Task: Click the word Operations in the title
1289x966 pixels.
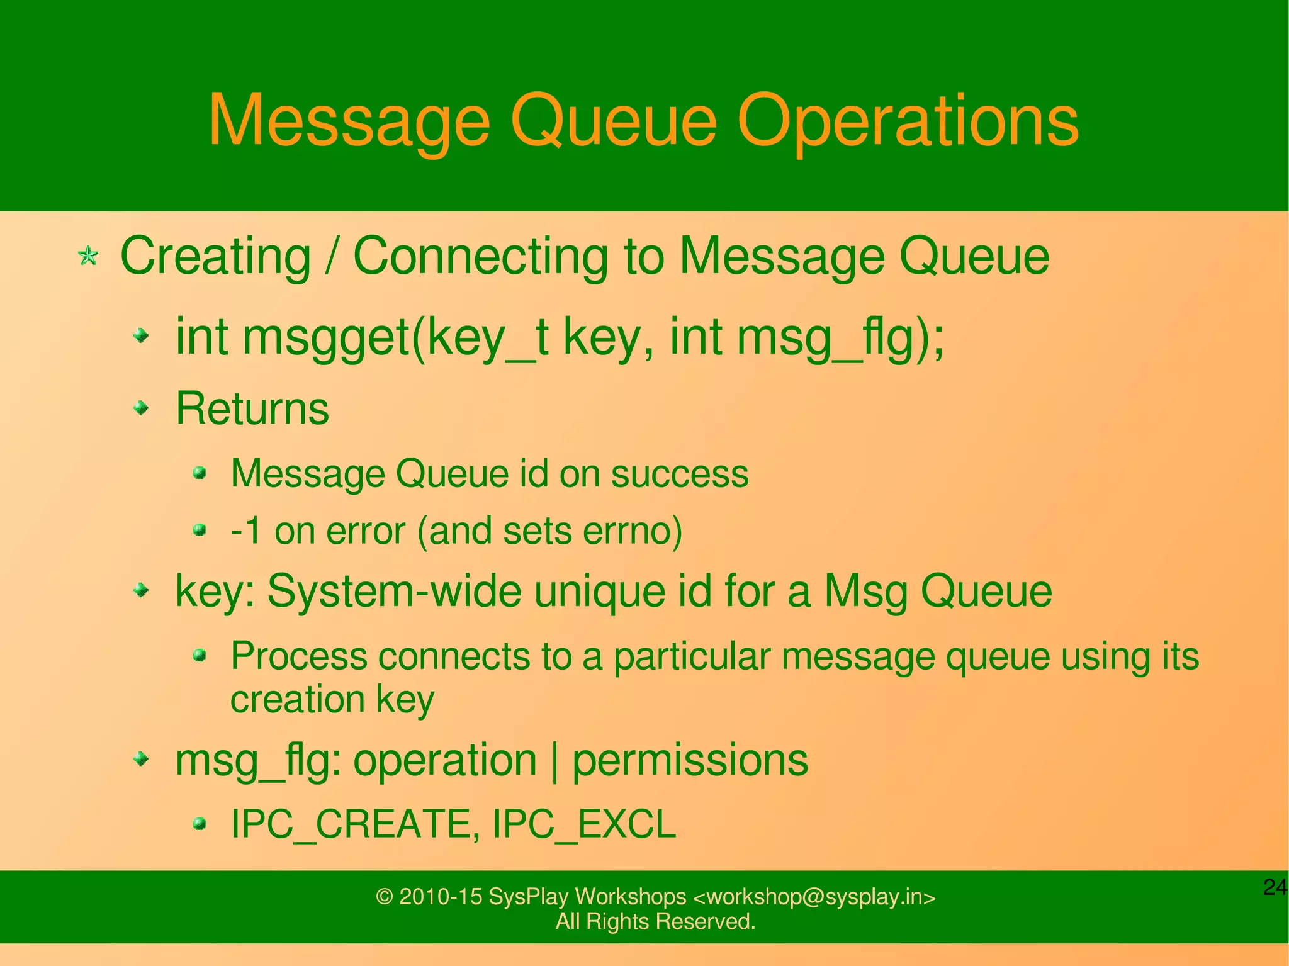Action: click(908, 121)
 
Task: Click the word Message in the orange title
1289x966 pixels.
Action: click(349, 121)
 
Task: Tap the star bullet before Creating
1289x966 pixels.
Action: click(88, 256)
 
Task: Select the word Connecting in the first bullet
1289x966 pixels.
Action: click(480, 257)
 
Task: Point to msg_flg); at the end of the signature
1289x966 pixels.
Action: click(840, 338)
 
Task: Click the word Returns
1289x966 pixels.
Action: click(252, 408)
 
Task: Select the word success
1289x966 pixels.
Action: click(680, 474)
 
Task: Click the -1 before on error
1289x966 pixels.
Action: click(246, 531)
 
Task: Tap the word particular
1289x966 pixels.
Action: click(692, 656)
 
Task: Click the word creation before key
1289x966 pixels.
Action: click(297, 699)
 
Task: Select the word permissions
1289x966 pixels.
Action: click(690, 760)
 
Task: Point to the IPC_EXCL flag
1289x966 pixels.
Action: click(583, 824)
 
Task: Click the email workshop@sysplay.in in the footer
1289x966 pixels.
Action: click(814, 896)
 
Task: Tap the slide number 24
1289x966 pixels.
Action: click(1274, 887)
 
